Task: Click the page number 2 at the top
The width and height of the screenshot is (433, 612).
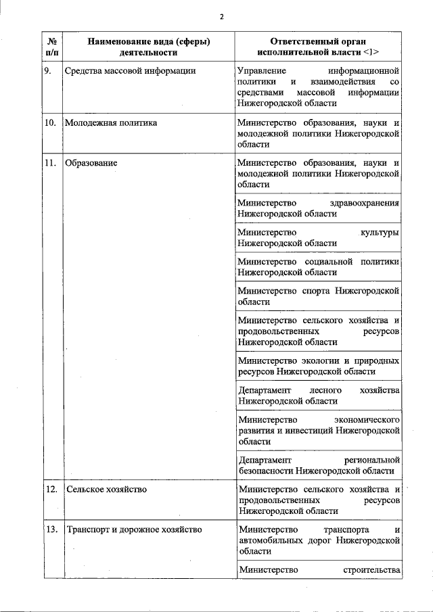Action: pos(221,17)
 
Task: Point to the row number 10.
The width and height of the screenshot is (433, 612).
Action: pos(50,123)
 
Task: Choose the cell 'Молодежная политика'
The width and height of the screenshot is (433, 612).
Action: pos(110,123)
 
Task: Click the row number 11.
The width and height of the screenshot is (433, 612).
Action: pos(50,163)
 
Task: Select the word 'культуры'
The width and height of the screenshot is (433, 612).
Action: pos(379,233)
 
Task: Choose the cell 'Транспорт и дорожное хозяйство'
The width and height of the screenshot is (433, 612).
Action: pos(133,529)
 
